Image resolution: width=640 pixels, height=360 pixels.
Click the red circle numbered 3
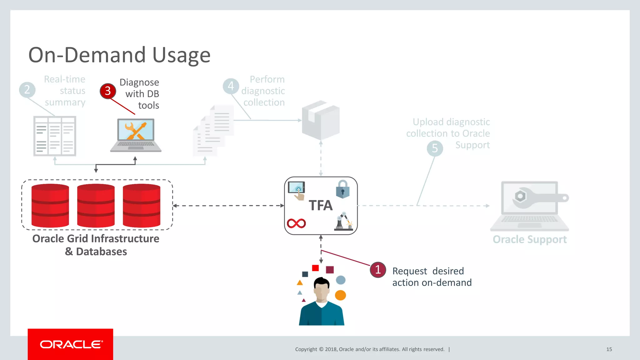point(108,91)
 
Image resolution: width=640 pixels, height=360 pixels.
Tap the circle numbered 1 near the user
point(378,270)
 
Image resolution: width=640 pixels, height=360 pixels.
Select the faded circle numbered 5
point(435,148)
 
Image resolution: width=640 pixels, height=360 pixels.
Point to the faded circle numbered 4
point(231,86)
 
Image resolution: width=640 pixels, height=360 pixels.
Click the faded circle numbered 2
point(27,90)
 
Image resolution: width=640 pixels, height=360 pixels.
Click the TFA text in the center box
point(321,206)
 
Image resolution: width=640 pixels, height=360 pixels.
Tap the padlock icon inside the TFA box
point(342,189)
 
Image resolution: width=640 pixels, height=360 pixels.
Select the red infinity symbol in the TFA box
point(296,223)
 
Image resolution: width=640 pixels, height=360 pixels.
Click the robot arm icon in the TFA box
point(343,222)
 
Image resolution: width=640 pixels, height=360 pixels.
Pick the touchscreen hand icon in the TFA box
point(297,190)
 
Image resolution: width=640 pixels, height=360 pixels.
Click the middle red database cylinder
point(96,205)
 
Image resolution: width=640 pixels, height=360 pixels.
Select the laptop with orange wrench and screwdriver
point(136,135)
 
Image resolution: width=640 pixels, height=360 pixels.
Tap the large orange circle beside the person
point(340,295)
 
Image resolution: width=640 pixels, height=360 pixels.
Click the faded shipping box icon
point(321,120)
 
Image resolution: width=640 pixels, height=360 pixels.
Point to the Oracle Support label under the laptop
point(529,240)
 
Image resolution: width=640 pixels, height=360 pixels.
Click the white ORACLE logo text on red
point(71,344)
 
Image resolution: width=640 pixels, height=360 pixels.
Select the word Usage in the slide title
point(181,55)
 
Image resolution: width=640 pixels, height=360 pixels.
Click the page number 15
point(609,349)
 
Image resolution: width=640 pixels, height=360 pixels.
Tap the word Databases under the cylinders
point(101,252)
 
